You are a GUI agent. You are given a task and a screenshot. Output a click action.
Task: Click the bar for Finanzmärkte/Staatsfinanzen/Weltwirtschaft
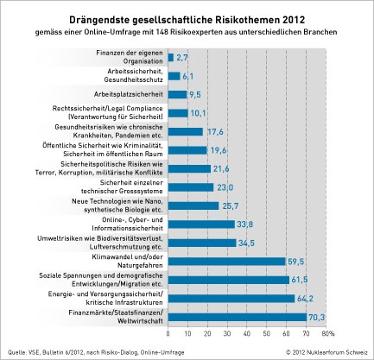238,317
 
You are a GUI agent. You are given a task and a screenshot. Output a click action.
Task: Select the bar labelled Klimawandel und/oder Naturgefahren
226,262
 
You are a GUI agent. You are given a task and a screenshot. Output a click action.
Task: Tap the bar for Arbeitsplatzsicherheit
177,94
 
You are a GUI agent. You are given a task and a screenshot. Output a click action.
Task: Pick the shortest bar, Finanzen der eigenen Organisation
171,58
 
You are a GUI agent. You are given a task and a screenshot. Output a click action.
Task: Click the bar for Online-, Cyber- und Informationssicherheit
201,224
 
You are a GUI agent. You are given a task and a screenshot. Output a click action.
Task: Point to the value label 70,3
317,318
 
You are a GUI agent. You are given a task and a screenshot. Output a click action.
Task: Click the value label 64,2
305,299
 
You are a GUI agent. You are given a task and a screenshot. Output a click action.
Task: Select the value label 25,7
231,206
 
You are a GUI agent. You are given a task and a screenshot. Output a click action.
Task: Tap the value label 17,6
215,132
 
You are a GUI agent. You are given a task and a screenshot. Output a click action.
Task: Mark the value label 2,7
182,58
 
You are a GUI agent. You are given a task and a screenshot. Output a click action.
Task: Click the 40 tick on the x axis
247,334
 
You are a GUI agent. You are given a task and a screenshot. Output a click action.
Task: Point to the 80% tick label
328,334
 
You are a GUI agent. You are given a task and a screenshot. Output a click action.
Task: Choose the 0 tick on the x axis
168,334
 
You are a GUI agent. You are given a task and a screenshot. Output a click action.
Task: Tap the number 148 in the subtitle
162,32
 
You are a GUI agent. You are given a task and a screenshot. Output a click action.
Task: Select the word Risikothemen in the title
247,20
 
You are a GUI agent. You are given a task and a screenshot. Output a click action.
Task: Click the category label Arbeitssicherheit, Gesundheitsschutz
134,75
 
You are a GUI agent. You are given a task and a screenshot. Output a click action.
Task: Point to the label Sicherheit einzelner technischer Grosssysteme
122,186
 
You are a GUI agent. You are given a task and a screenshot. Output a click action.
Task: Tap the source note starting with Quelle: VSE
96,352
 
